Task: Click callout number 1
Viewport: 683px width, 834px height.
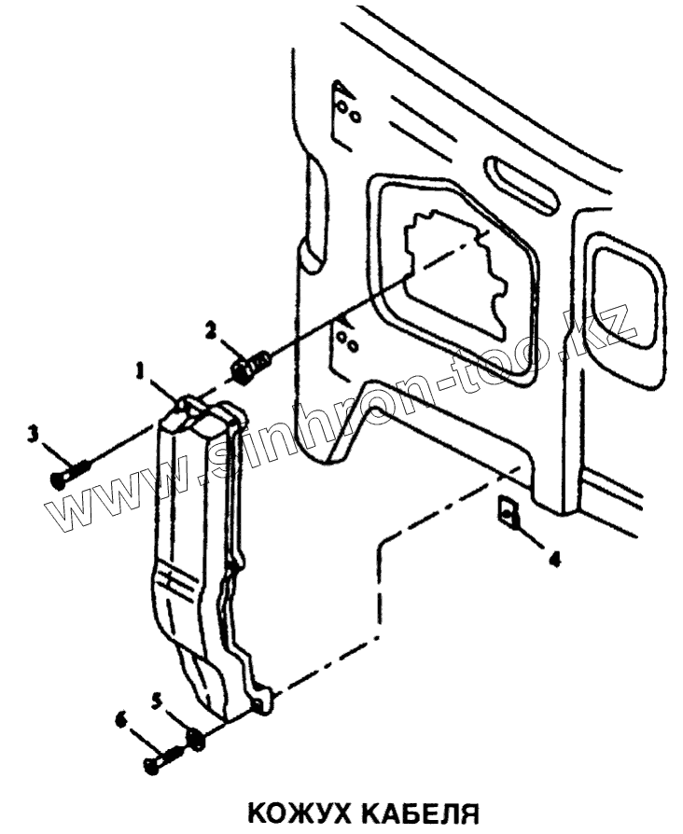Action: [141, 370]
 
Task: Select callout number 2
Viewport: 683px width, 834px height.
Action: [212, 329]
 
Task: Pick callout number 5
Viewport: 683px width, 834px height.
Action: [157, 699]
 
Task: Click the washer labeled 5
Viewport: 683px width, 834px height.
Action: [196, 740]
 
